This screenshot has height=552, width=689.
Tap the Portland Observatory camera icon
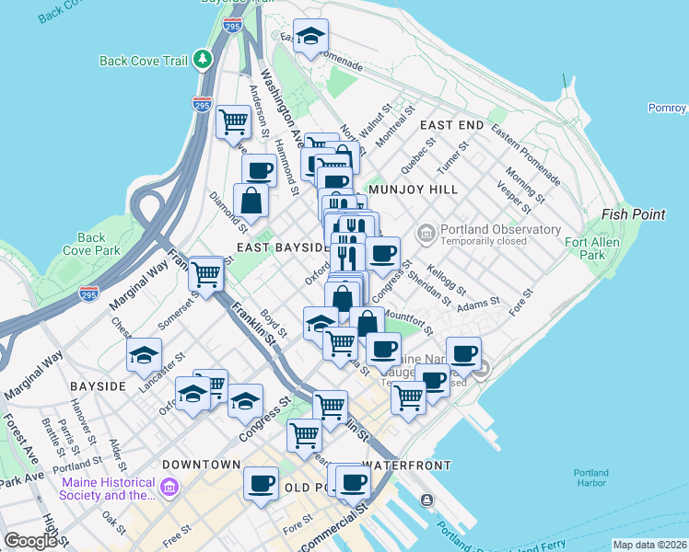tap(426, 230)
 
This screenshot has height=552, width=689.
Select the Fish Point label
tap(633, 214)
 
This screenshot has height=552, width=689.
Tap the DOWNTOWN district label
tap(202, 465)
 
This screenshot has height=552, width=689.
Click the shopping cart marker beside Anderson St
tap(234, 121)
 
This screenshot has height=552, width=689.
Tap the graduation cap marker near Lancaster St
tap(144, 355)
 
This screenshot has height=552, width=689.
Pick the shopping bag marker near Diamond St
tap(251, 200)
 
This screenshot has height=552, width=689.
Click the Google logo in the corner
tap(31, 541)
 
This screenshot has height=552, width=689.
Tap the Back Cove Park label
tap(91, 243)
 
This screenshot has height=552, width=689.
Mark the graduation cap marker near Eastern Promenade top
tap(310, 36)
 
